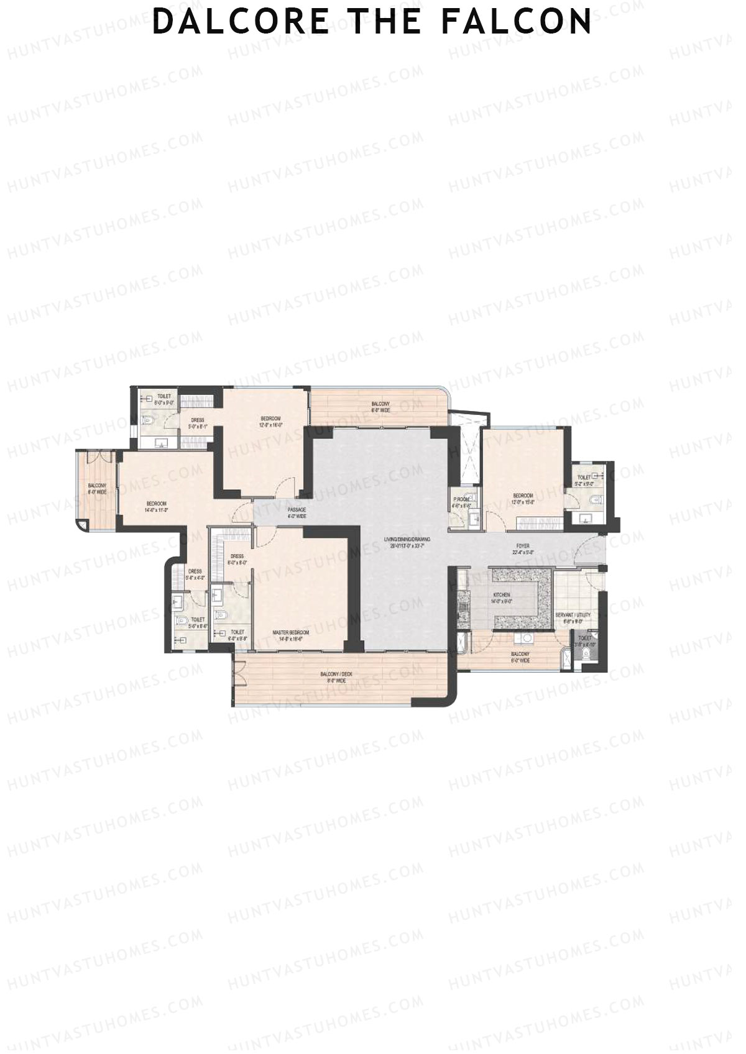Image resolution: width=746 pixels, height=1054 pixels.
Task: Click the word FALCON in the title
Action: pos(517,21)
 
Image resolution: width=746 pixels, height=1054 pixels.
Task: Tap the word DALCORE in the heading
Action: pos(241,21)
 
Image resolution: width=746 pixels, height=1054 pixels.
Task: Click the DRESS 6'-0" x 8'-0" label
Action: pos(237,559)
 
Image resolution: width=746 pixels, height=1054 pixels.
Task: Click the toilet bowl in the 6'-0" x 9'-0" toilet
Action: pos(147,420)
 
